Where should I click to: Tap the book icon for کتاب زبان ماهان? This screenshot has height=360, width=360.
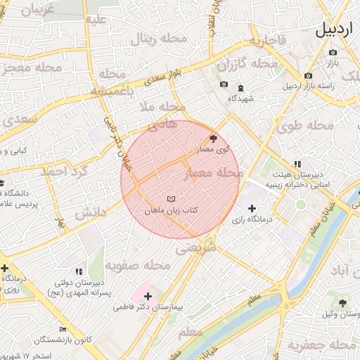pyautogui.click(x=172, y=199)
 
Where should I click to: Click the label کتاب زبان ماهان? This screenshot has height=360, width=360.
pyautogui.click(x=172, y=210)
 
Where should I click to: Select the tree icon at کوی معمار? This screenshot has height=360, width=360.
pyautogui.click(x=214, y=139)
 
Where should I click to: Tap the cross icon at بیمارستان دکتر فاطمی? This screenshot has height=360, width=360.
pyautogui.click(x=148, y=296)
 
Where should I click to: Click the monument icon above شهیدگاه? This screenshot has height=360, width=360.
pyautogui.click(x=240, y=89)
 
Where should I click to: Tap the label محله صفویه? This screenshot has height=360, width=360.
pyautogui.click(x=138, y=266)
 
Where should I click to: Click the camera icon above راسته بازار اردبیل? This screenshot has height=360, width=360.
pyautogui.click(x=308, y=76)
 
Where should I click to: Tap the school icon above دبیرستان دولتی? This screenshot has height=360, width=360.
pyautogui.click(x=78, y=271)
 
